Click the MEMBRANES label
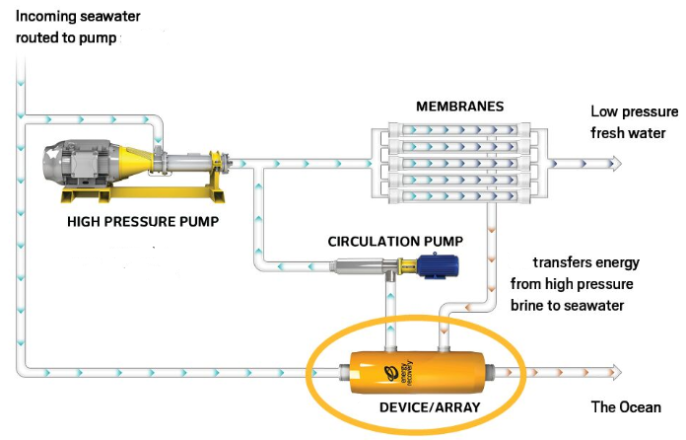tap(460, 106)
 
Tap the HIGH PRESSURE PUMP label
tap(143, 221)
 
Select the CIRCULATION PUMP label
tap(395, 241)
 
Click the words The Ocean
tap(626, 406)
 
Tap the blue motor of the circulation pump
tap(430, 264)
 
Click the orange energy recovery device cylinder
tap(418, 372)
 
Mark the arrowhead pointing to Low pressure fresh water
tap(616, 163)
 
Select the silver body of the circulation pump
tap(361, 266)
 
